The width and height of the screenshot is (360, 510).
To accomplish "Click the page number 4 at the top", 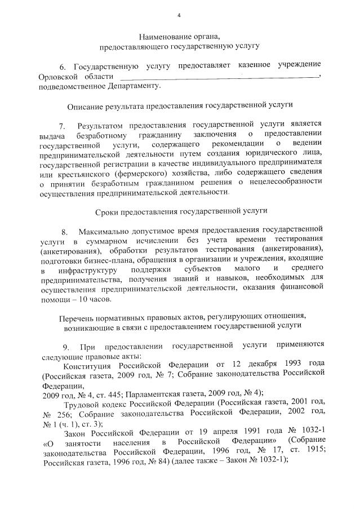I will click(x=179, y=15).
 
